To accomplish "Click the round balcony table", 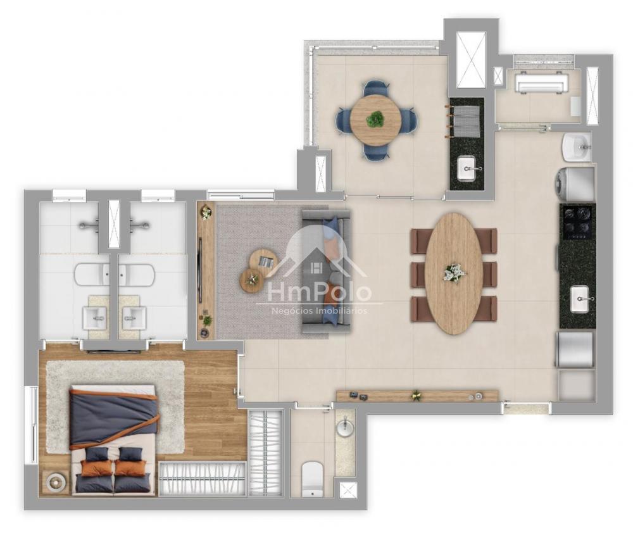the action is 376,119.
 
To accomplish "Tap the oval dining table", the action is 454,273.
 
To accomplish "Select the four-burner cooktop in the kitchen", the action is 578,222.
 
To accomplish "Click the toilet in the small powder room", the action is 313,479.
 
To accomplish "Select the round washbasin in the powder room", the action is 344,429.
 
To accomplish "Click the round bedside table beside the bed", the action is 54,482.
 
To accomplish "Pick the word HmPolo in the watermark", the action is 319,292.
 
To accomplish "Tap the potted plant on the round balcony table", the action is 376,119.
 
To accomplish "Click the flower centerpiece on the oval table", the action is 454,273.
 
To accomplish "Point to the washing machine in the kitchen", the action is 575,184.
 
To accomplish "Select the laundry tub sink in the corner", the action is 577,147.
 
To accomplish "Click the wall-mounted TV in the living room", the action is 200,270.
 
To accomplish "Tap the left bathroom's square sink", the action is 95,318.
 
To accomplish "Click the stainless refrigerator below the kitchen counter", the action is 575,349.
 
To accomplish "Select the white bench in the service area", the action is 541,83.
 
